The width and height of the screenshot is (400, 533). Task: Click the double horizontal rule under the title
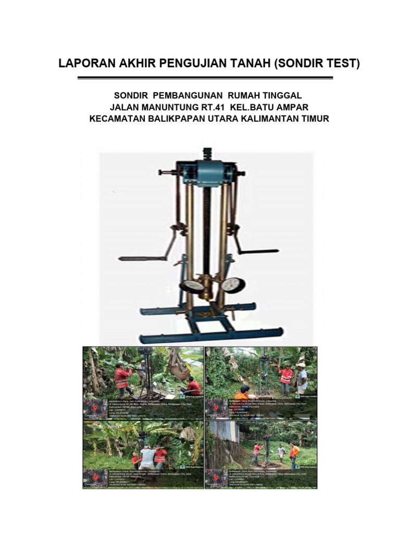coord(205,78)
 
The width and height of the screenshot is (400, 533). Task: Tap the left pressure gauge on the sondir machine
coord(193,286)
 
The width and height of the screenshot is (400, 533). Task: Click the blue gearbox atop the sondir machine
coord(206,170)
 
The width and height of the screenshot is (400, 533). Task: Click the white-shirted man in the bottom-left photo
coord(147,458)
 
